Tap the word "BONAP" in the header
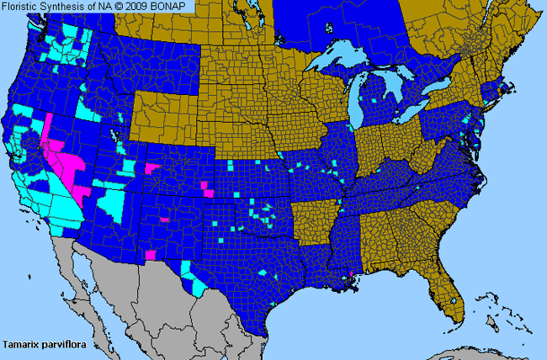pyautogui.click(x=175, y=7)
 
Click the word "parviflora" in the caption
pyautogui.click(x=64, y=344)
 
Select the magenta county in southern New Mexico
pyautogui.click(x=150, y=254)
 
